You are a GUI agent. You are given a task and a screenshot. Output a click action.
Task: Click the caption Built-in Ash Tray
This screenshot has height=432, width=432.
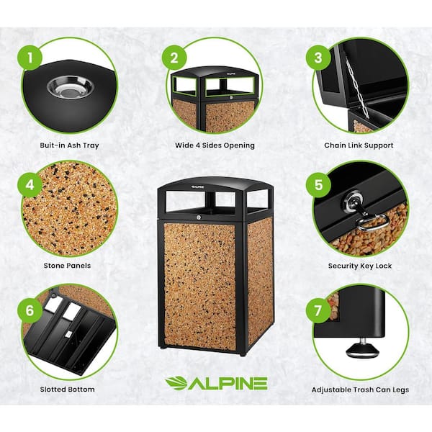pos(69,145)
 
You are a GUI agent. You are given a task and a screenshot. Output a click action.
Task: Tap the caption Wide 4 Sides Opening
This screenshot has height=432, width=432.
pos(215,145)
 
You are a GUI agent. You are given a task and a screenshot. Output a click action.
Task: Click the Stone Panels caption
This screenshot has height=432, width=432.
pos(69,265)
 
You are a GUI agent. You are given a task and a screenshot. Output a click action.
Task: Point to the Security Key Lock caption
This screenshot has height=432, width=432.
pos(359,265)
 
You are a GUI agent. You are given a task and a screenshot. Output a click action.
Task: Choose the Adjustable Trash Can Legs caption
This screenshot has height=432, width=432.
pos(359,390)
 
